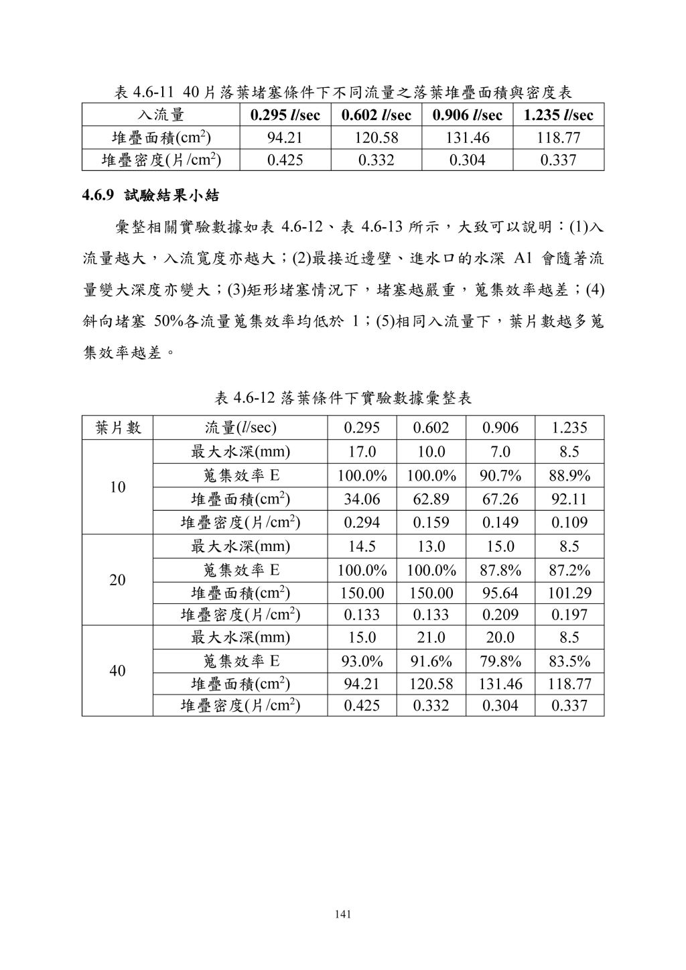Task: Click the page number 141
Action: pyautogui.click(x=342, y=914)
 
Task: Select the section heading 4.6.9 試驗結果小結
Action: pyautogui.click(x=151, y=196)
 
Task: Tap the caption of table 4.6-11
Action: pyautogui.click(x=342, y=92)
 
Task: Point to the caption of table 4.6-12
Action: pyautogui.click(x=343, y=398)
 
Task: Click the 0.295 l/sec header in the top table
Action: pyautogui.click(x=285, y=115)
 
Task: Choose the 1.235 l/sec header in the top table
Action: pyautogui.click(x=559, y=115)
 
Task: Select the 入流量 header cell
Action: pyautogui.click(x=161, y=115)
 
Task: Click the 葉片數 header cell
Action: pyautogui.click(x=118, y=428)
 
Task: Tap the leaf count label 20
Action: pyautogui.click(x=117, y=580)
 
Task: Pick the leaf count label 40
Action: pyautogui.click(x=117, y=671)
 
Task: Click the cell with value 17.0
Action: pyautogui.click(x=362, y=452)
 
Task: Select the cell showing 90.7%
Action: pyautogui.click(x=500, y=476)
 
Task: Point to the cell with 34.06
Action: pyautogui.click(x=362, y=499)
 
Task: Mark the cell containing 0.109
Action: pyautogui.click(x=569, y=522)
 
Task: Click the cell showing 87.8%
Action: pyautogui.click(x=500, y=570)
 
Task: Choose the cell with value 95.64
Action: pyautogui.click(x=500, y=593)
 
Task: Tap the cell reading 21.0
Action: pyautogui.click(x=431, y=637)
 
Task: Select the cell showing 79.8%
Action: pyautogui.click(x=500, y=662)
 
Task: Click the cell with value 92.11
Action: pyautogui.click(x=569, y=499)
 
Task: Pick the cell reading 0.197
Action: pyautogui.click(x=569, y=614)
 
